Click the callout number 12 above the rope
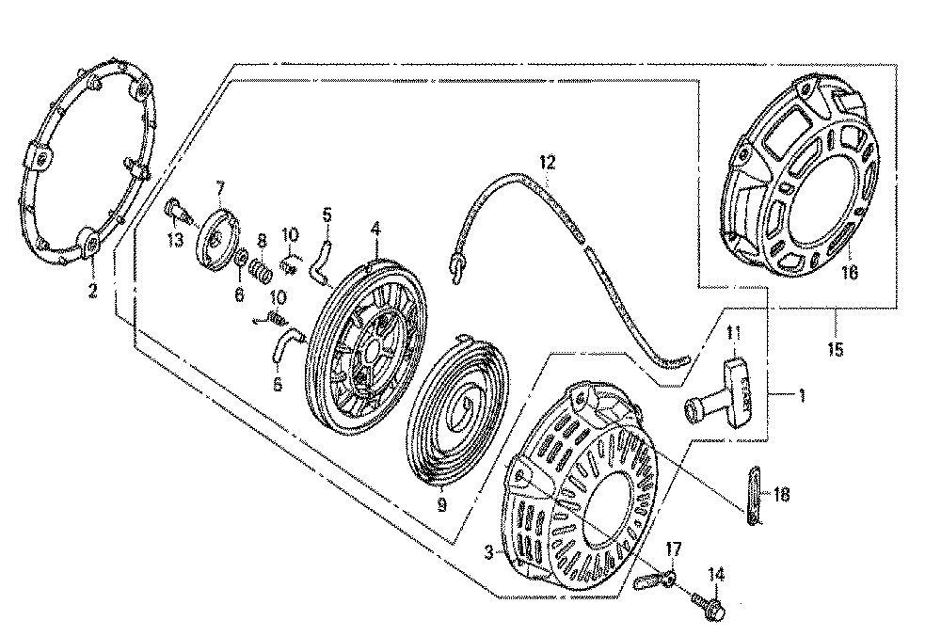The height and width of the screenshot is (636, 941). pyautogui.click(x=548, y=162)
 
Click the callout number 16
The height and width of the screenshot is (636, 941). pyautogui.click(x=849, y=272)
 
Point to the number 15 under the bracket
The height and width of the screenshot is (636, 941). pyautogui.click(x=835, y=349)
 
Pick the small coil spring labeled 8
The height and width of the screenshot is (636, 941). pyautogui.click(x=263, y=272)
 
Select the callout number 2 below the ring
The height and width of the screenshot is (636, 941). pyautogui.click(x=92, y=291)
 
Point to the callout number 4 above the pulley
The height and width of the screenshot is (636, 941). pyautogui.click(x=375, y=228)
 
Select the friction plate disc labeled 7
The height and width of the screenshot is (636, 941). pyautogui.click(x=216, y=239)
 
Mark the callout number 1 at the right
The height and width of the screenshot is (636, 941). pyautogui.click(x=802, y=395)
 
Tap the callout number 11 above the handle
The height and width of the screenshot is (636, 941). pyautogui.click(x=733, y=332)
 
